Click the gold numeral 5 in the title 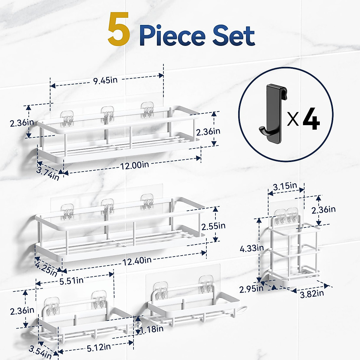(x=119, y=30)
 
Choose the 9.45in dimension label (x=105, y=81)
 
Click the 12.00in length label (x=134, y=165)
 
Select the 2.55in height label (x=213, y=226)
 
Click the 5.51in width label (x=71, y=281)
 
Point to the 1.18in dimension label (x=152, y=329)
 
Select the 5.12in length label (x=99, y=347)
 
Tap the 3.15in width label (x=285, y=186)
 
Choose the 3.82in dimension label (x=312, y=293)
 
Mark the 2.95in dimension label (x=251, y=289)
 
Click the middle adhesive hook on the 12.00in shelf (x=107, y=114)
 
